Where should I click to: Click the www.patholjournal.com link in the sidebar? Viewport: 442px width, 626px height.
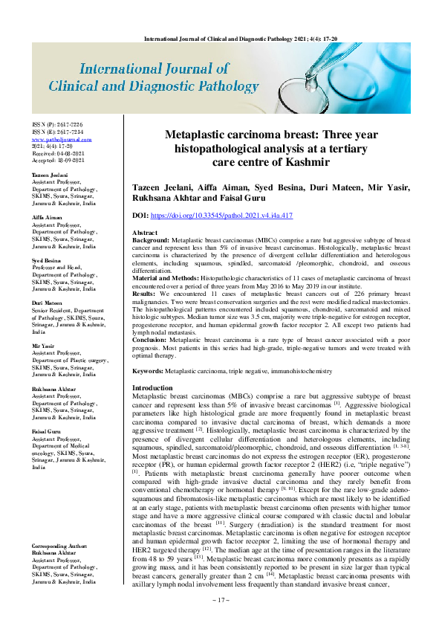coord(62,139)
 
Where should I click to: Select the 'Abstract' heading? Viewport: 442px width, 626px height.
coord(146,233)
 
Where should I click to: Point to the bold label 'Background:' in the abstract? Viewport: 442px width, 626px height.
coord(151,242)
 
